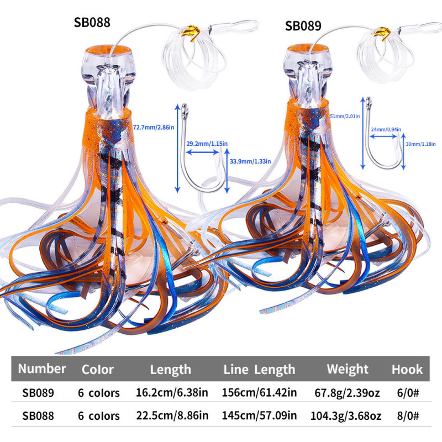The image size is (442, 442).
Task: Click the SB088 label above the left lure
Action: (x=92, y=23)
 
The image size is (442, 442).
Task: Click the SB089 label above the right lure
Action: (x=303, y=27)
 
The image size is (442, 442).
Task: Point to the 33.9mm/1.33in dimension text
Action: (x=250, y=161)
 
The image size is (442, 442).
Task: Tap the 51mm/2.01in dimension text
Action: (x=345, y=117)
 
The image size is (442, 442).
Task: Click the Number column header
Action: (x=41, y=369)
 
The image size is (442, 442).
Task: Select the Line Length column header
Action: (x=259, y=369)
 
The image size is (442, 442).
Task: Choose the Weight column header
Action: (x=347, y=369)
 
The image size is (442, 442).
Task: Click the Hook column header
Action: (x=407, y=369)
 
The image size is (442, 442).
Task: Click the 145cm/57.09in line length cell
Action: (x=259, y=415)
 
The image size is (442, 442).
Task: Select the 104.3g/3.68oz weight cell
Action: (x=347, y=415)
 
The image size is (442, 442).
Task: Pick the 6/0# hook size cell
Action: (x=407, y=393)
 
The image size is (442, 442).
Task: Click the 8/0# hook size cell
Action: (x=407, y=415)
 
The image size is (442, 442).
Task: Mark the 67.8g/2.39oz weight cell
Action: (x=347, y=393)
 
